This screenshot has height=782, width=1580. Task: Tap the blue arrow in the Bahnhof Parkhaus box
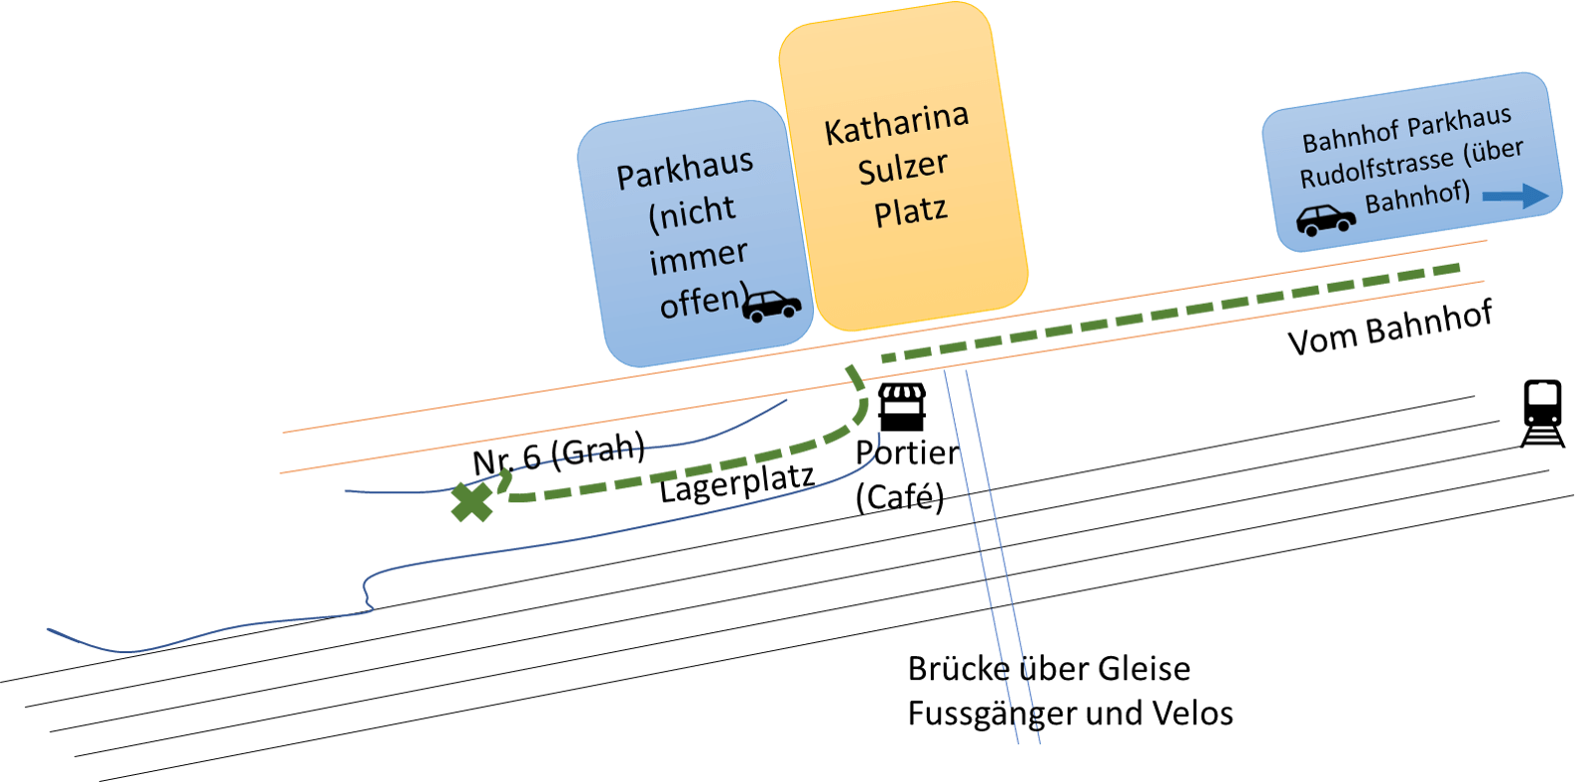pos(1515,196)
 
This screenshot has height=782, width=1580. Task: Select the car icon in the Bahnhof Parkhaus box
pos(1325,220)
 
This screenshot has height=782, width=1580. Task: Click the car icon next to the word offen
pos(771,306)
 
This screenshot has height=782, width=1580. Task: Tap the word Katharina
pos(896,124)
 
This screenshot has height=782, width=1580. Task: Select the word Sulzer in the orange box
pos(903,168)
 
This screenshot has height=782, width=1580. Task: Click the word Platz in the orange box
pos(910,212)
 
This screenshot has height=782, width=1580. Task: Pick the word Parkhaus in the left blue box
pos(684,168)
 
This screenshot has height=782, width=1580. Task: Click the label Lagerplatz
pos(736,483)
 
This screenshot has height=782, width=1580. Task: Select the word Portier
pos(906,452)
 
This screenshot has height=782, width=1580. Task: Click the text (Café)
pos(899,496)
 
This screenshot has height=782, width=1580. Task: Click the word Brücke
pos(959,668)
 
